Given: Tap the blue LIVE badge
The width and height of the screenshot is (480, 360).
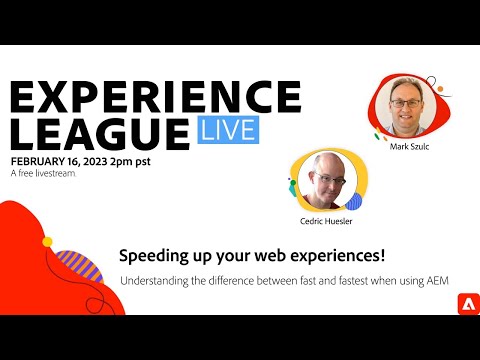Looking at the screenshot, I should pos(227,131).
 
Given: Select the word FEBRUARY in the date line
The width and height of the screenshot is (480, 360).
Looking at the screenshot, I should pos(42,161).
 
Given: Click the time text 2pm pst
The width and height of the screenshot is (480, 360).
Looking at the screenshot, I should pos(147,161).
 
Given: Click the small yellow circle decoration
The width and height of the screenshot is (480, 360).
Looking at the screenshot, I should pos(46,243).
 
